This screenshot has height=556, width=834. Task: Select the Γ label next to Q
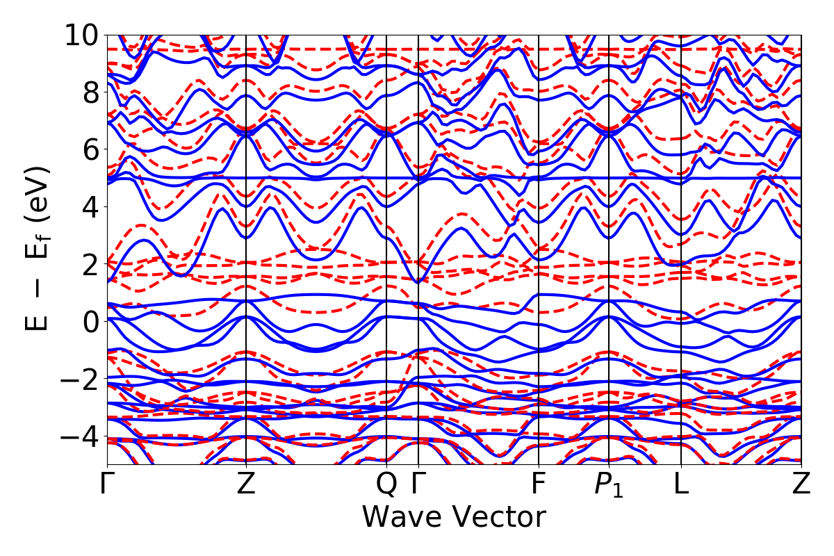[x=418, y=484]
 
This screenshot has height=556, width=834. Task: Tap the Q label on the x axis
[x=386, y=485]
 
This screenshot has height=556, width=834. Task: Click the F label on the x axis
[x=539, y=484]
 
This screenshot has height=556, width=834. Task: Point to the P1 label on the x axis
[x=609, y=485]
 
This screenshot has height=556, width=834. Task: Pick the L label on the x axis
[x=681, y=484]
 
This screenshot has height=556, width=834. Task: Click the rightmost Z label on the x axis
[x=801, y=484]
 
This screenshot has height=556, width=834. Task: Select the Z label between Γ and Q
[x=246, y=484]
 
